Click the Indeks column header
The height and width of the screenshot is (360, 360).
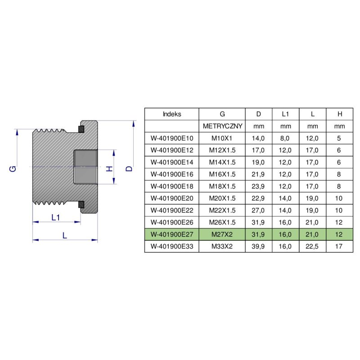point(171,114)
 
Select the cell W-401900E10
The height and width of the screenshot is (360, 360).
point(171,138)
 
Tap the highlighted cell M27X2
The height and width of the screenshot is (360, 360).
point(222,234)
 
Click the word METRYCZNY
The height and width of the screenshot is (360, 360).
point(222,126)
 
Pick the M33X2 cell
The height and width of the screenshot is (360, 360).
point(222,247)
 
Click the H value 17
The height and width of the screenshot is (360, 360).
point(340,247)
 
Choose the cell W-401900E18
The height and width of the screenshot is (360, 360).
point(171,186)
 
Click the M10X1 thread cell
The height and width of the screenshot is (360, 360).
point(222,138)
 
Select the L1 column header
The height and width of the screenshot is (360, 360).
point(286,114)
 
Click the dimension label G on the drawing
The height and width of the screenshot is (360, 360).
point(13,168)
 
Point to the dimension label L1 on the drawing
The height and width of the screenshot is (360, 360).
point(56,217)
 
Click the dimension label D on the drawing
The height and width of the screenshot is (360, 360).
point(129,168)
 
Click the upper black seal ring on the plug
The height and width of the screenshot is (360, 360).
point(81,130)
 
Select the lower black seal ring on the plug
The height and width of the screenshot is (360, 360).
point(81,205)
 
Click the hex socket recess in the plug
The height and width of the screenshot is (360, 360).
point(85,167)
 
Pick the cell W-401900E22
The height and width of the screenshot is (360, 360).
point(171,210)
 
